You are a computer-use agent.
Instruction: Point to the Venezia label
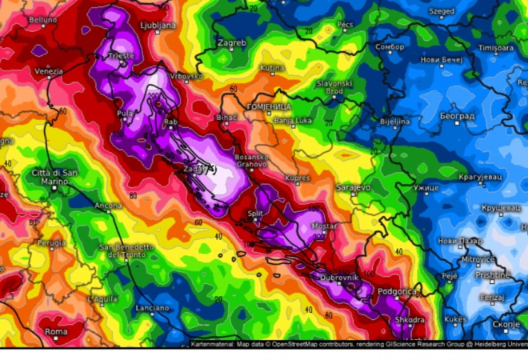[48, 71]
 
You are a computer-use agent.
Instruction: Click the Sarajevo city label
[352, 186]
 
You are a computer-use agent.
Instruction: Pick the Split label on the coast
[255, 214]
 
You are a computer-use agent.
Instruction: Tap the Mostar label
[323, 226]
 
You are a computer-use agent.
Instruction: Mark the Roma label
[56, 331]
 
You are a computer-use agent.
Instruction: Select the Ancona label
[108, 206]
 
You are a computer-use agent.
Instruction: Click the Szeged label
[441, 12]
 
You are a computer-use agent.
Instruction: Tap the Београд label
[457, 116]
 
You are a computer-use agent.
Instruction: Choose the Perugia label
[51, 242]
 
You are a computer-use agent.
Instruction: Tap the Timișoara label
[497, 48]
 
